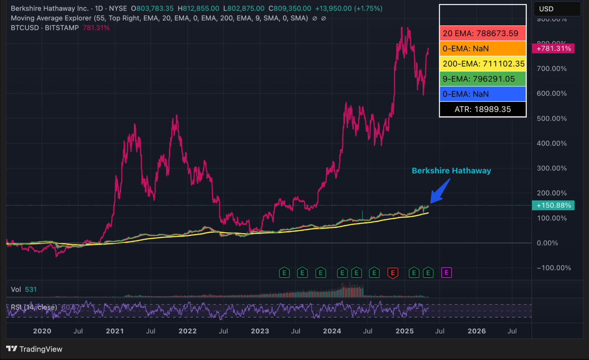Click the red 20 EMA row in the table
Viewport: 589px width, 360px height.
pos(483,34)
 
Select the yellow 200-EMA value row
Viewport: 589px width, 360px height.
pos(483,64)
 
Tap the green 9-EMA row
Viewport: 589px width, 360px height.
pos(483,79)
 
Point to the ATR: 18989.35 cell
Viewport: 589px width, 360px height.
pos(483,109)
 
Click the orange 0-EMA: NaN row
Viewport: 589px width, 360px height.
pos(483,48)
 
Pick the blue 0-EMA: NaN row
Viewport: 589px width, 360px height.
pos(483,94)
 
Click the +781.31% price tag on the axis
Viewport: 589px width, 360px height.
pos(553,48)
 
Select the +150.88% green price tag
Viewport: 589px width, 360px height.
pos(553,205)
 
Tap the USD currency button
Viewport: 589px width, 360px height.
pos(546,9)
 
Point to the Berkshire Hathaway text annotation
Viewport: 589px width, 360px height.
pos(451,171)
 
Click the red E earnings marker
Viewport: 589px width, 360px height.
pos(393,273)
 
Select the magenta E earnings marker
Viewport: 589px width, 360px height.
pos(446,273)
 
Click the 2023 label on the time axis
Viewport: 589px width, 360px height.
pos(260,331)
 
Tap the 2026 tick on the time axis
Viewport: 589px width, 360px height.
pos(477,331)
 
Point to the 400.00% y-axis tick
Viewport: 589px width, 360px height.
pos(551,143)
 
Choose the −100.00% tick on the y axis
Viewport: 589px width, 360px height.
pos(553,268)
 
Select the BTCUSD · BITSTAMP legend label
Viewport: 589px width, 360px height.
pos(45,28)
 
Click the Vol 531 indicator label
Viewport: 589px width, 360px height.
pos(23,289)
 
